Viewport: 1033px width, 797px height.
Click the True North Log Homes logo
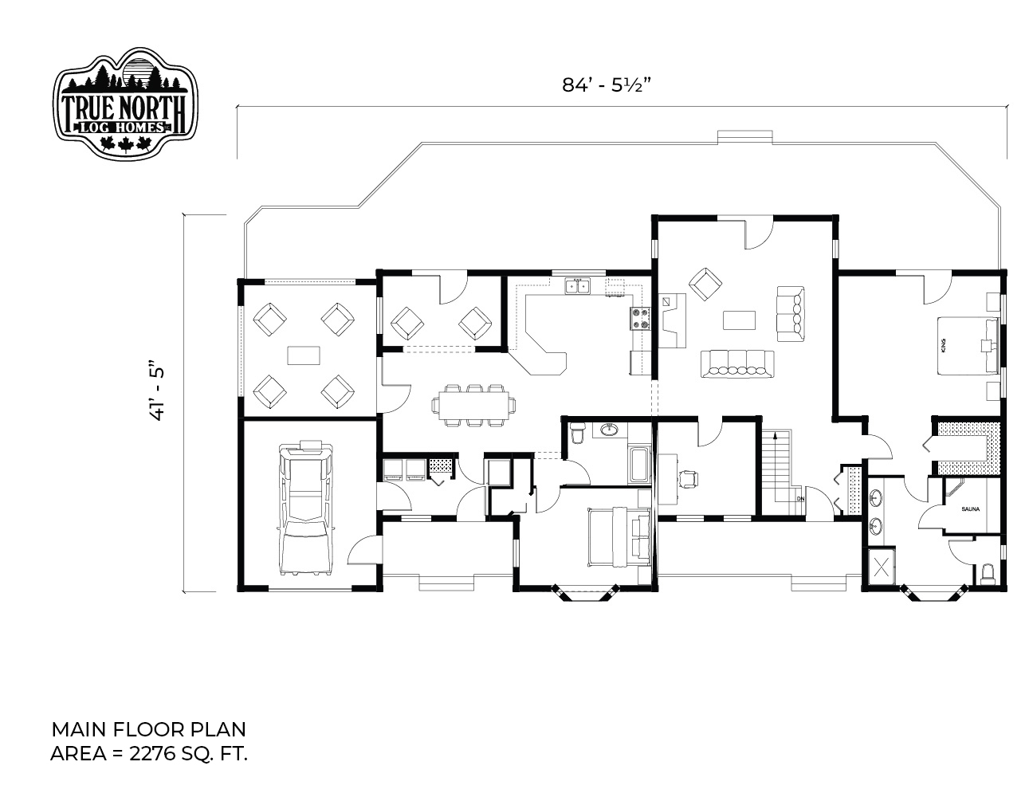tap(125, 104)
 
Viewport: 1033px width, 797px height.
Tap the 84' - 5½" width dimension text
tap(606, 85)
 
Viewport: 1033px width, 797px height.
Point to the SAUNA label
tap(970, 509)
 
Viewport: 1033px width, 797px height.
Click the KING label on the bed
tap(943, 345)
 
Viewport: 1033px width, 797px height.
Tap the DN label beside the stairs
tap(800, 499)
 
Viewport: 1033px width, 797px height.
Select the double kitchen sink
tap(577, 286)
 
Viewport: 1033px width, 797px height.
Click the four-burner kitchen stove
tap(640, 319)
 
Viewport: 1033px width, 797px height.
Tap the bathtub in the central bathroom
tap(639, 465)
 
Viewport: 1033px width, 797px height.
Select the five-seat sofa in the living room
tap(737, 364)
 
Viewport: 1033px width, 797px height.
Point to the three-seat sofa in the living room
tap(791, 313)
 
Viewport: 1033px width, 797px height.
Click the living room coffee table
tap(739, 320)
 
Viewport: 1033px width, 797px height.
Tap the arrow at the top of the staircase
tap(776, 435)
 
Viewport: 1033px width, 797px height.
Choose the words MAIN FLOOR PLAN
tap(148, 729)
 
